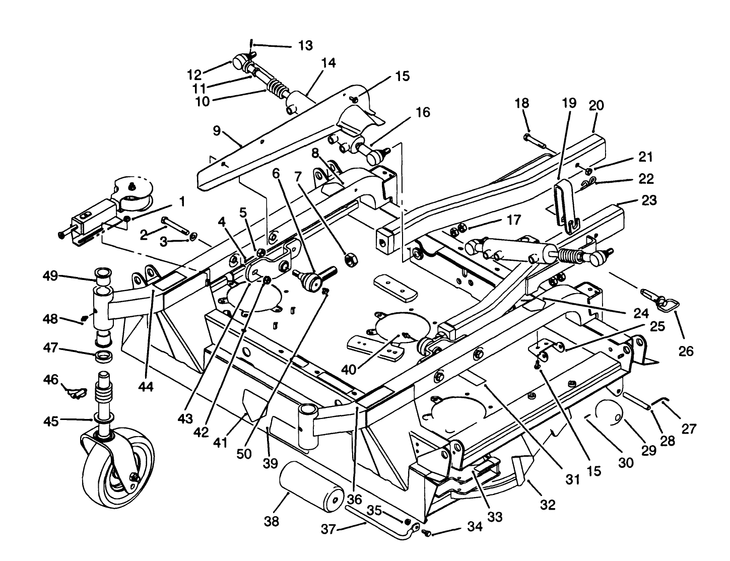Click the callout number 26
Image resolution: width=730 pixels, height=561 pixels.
[686, 351]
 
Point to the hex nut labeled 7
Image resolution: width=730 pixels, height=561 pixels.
[348, 260]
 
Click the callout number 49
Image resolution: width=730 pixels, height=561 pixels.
[50, 276]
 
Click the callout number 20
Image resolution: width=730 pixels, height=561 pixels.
[596, 106]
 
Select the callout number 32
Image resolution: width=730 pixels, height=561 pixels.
[548, 504]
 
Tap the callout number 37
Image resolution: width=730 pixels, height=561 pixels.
[328, 530]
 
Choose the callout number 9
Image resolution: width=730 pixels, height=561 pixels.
[217, 131]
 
